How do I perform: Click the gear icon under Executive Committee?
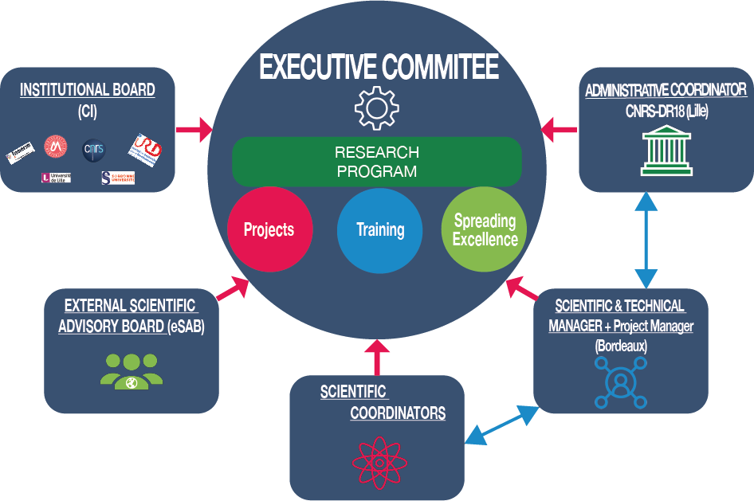[x=376, y=110]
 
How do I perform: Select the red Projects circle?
[x=269, y=229]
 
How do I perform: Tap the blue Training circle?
[x=380, y=229]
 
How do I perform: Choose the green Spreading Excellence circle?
[x=485, y=229]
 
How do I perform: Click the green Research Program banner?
[x=376, y=161]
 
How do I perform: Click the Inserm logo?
[x=20, y=151]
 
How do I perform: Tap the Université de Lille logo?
[x=56, y=177]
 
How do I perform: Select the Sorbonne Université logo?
[x=118, y=177]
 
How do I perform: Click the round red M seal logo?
[x=55, y=146]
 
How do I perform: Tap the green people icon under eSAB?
[x=132, y=371]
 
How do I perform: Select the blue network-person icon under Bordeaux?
[x=618, y=382]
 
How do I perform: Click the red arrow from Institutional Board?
[x=194, y=127]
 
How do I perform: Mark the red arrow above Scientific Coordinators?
[x=378, y=356]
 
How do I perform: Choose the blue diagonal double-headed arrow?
[x=502, y=425]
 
